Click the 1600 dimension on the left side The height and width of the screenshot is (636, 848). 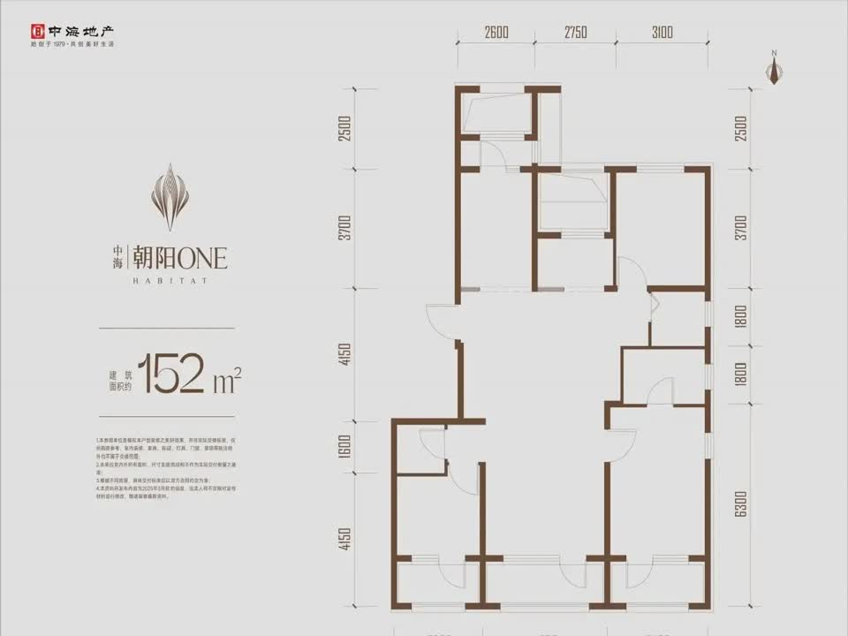[345, 448]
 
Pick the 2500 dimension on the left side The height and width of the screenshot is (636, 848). [345, 129]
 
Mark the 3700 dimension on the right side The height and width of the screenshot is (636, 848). [740, 228]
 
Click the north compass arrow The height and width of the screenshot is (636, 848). [775, 71]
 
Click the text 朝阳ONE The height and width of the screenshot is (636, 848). [178, 258]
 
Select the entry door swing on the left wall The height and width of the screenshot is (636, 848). [442, 322]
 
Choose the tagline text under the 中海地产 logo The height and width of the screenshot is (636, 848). [73, 43]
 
